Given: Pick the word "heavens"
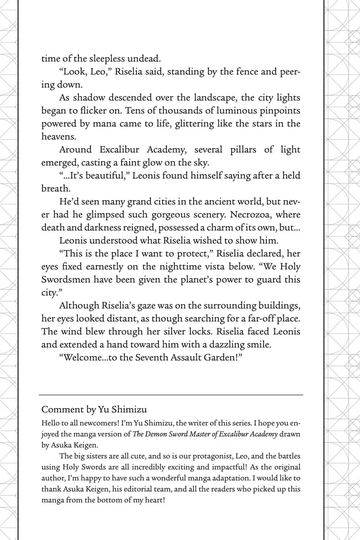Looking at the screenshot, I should tap(58, 136).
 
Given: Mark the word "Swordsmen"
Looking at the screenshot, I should tap(65, 280).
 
